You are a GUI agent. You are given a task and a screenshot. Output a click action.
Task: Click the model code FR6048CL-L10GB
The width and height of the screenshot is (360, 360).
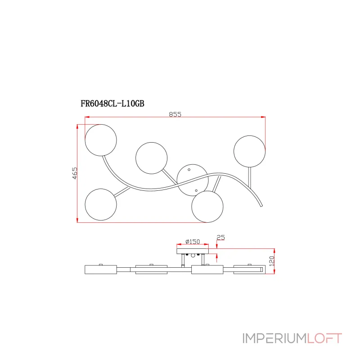(x=112, y=103)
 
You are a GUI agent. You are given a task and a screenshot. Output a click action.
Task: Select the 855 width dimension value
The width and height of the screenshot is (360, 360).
(x=175, y=114)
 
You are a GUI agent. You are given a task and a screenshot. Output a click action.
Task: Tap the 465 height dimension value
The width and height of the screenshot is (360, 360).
(x=75, y=173)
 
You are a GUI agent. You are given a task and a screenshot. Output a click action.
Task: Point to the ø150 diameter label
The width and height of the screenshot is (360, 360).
(x=193, y=242)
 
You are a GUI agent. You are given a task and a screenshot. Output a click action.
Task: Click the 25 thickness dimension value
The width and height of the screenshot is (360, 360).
(x=220, y=238)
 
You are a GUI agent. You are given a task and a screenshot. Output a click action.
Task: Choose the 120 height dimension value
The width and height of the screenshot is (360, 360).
(x=272, y=261)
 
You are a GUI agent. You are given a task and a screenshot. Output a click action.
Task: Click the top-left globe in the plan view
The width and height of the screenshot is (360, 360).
(x=101, y=140)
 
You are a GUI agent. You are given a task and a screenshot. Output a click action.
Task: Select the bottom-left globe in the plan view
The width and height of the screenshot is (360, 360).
(x=101, y=205)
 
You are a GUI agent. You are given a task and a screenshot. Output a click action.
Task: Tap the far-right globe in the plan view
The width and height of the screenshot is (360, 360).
(x=250, y=151)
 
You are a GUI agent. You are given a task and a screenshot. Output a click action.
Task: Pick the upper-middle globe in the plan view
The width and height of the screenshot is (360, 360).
(x=152, y=158)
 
